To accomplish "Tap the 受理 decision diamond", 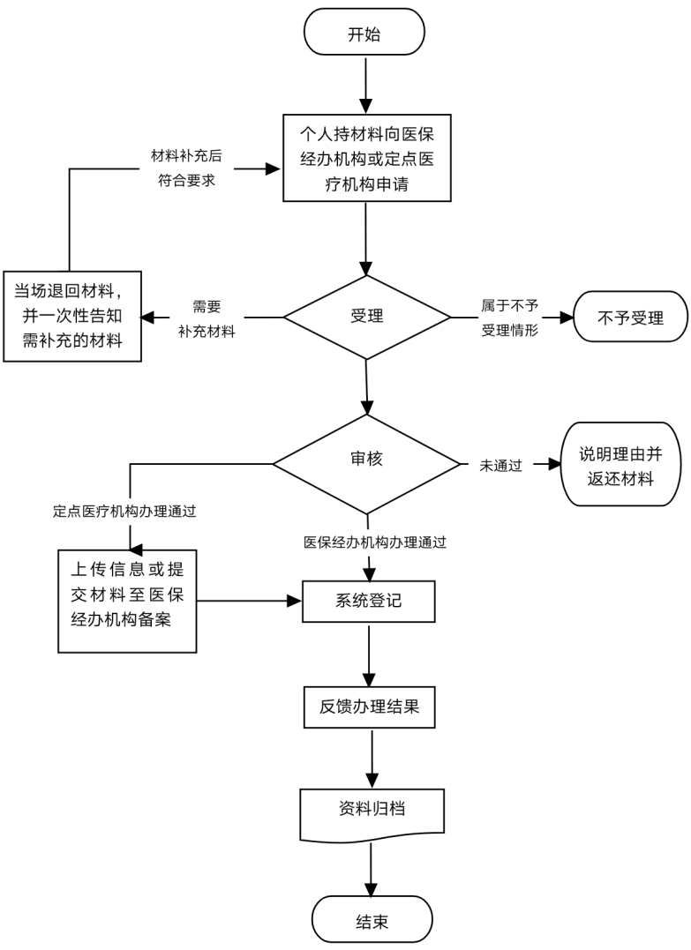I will [x=367, y=316].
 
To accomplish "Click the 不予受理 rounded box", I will [x=630, y=316].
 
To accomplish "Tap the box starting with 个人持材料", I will [x=367, y=160].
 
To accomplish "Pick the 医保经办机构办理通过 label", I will [x=375, y=542].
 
